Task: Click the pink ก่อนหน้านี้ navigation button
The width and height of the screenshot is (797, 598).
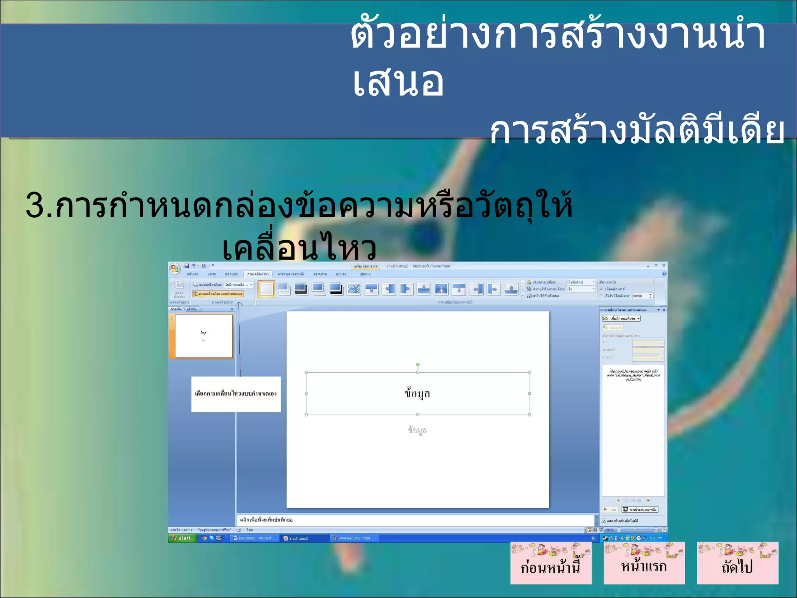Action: click(551, 563)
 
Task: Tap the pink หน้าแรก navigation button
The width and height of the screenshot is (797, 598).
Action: click(644, 563)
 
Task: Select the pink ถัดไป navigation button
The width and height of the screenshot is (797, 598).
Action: click(737, 563)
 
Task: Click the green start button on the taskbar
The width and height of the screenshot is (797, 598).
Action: click(182, 538)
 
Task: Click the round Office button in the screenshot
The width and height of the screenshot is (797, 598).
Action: click(175, 268)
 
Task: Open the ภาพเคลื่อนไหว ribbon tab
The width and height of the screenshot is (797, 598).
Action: click(258, 274)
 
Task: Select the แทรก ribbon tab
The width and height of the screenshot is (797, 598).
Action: click(212, 274)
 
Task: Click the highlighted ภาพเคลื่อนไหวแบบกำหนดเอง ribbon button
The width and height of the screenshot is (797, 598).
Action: click(218, 294)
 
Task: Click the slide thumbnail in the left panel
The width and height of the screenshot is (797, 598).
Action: click(204, 336)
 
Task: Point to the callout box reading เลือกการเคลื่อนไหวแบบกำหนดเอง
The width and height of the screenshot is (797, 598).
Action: click(236, 394)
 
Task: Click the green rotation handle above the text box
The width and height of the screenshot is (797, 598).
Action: click(418, 365)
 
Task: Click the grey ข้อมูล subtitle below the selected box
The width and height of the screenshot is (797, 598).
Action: click(417, 430)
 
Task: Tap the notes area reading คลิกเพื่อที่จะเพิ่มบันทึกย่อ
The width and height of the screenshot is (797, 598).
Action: click(415, 520)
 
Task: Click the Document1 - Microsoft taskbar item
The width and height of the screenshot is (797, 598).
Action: click(255, 538)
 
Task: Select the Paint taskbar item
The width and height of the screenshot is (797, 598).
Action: click(352, 538)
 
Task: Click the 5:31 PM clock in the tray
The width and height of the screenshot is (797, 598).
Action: click(656, 538)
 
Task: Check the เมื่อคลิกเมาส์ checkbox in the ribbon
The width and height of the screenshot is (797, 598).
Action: click(601, 289)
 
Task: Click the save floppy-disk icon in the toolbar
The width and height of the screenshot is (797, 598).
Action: click(187, 266)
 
